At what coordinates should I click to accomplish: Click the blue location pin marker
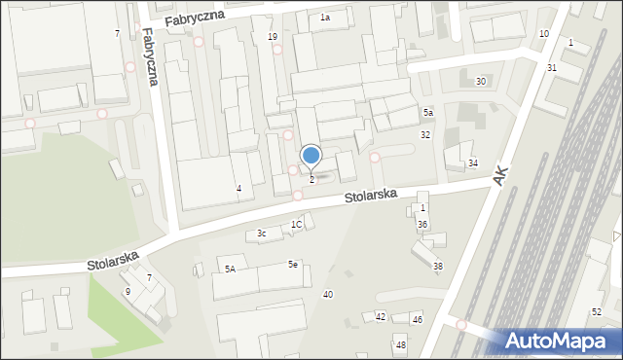point(311,156)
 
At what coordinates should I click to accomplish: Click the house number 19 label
point(273,37)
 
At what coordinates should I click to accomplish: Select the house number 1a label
point(325,18)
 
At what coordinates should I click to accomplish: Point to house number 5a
point(427,113)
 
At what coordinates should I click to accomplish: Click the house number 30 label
point(480,82)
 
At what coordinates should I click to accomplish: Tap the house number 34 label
point(473,162)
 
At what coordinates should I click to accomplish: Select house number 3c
point(261,234)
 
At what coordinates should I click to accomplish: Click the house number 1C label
point(297,225)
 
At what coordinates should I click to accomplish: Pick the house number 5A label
point(231,269)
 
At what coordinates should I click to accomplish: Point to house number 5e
point(292,264)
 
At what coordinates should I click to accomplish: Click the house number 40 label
point(328,294)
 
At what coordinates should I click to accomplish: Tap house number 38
point(437,267)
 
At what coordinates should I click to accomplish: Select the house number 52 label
point(596,311)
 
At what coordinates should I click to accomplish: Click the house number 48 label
point(400,345)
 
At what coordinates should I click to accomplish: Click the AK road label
point(501,175)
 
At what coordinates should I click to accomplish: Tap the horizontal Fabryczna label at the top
point(195,18)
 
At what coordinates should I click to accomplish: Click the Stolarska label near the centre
point(370,197)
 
